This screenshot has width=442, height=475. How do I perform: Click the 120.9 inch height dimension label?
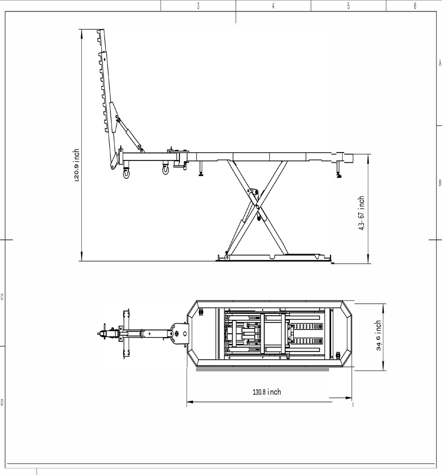76,166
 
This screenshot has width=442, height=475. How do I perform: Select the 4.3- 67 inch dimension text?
362,213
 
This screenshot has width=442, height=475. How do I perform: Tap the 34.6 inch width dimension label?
379,336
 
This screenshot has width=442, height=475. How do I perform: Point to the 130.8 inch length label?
267,392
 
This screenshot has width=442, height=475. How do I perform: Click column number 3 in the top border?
198,6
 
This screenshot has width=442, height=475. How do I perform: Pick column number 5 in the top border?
348,6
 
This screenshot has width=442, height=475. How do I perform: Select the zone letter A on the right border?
440,63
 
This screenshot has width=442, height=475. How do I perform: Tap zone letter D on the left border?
2,402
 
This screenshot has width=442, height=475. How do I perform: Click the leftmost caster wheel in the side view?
126,174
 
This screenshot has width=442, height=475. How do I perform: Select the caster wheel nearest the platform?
166,170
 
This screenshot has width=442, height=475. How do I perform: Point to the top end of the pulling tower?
101,31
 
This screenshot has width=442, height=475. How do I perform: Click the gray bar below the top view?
262,370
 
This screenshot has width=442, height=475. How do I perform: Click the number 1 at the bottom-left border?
37,472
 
